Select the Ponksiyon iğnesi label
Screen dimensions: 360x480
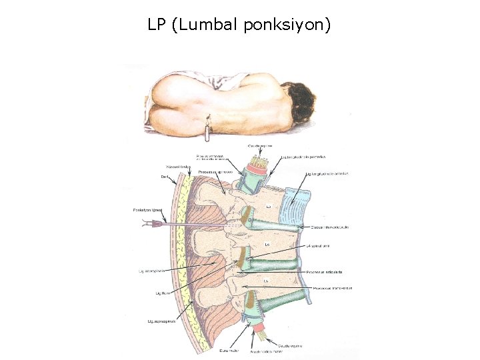[147, 210]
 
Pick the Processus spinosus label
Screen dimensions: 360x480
[215, 171]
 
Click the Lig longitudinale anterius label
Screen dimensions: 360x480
[327, 174]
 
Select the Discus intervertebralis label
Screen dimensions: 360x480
[330, 227]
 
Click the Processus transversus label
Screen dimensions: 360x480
[329, 288]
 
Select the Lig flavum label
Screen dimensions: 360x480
[163, 293]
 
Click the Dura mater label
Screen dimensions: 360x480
[228, 349]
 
